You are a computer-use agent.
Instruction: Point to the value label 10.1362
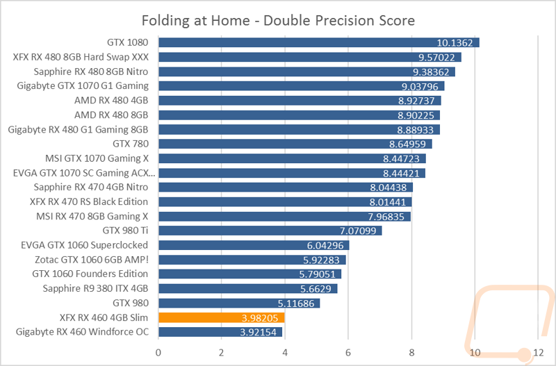pos(455,43)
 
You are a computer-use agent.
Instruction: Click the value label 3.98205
pos(260,318)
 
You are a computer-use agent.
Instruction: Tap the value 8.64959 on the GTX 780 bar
pos(407,144)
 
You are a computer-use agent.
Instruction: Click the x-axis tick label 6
pos(348,352)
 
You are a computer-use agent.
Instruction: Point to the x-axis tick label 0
pos(159,352)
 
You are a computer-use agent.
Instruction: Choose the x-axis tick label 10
pos(474,352)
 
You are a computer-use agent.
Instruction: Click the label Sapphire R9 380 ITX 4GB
pos(96,288)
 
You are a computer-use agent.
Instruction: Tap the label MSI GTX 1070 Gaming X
pos(97,158)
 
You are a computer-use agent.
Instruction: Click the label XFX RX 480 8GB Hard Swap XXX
pos(81,57)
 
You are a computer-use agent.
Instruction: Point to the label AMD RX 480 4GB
pos(111,100)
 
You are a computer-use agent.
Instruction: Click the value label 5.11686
pos(295,303)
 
